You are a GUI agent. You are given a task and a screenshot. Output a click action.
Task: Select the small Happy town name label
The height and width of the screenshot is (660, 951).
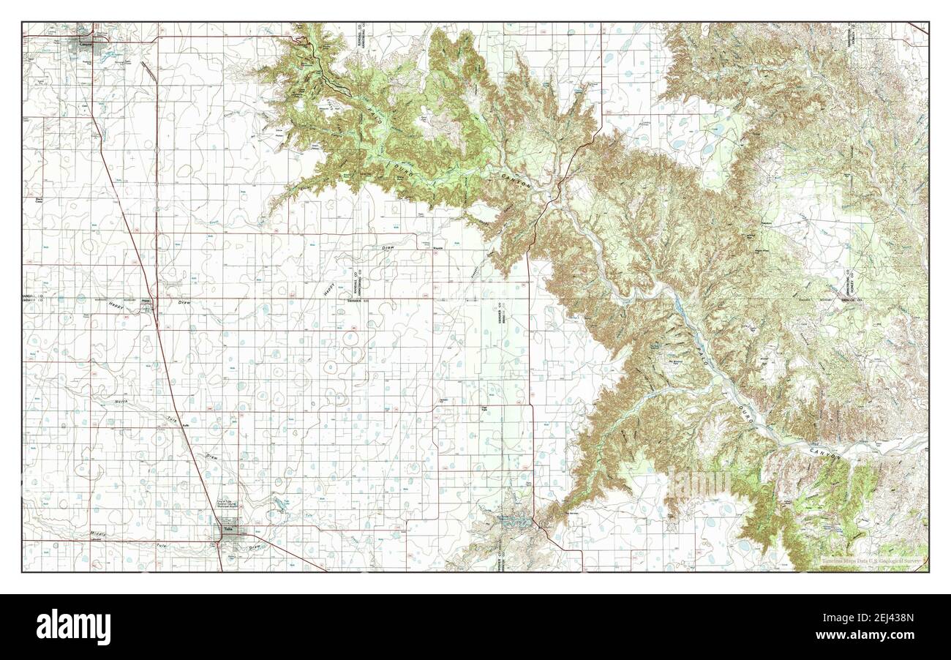[146, 300]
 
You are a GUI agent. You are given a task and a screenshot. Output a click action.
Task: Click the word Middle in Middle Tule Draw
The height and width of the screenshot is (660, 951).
[98, 535]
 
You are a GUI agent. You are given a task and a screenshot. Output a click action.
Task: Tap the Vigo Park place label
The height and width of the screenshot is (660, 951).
[484, 409]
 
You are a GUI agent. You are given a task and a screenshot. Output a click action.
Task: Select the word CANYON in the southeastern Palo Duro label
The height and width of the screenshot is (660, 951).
[825, 453]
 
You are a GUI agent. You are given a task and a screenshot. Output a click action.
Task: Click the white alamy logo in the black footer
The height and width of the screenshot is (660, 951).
[73, 627]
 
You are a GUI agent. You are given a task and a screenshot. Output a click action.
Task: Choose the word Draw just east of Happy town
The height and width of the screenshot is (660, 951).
[183, 301]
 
